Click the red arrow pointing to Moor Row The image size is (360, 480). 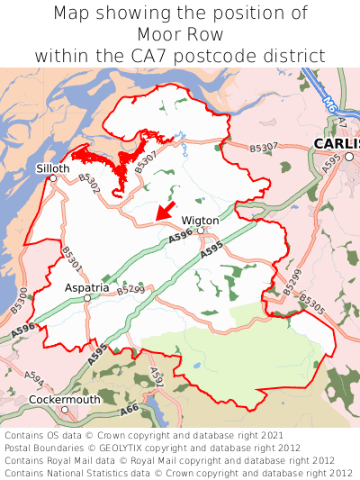164,211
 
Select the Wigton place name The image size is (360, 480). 200,220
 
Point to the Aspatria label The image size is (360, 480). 86,287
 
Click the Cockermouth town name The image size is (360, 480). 64,399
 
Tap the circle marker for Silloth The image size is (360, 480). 53,178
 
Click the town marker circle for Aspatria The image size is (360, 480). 87,297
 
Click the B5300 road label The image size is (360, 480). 20,300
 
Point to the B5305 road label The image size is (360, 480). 311,303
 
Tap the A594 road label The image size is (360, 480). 34,376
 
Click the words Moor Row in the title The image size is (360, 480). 180,34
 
